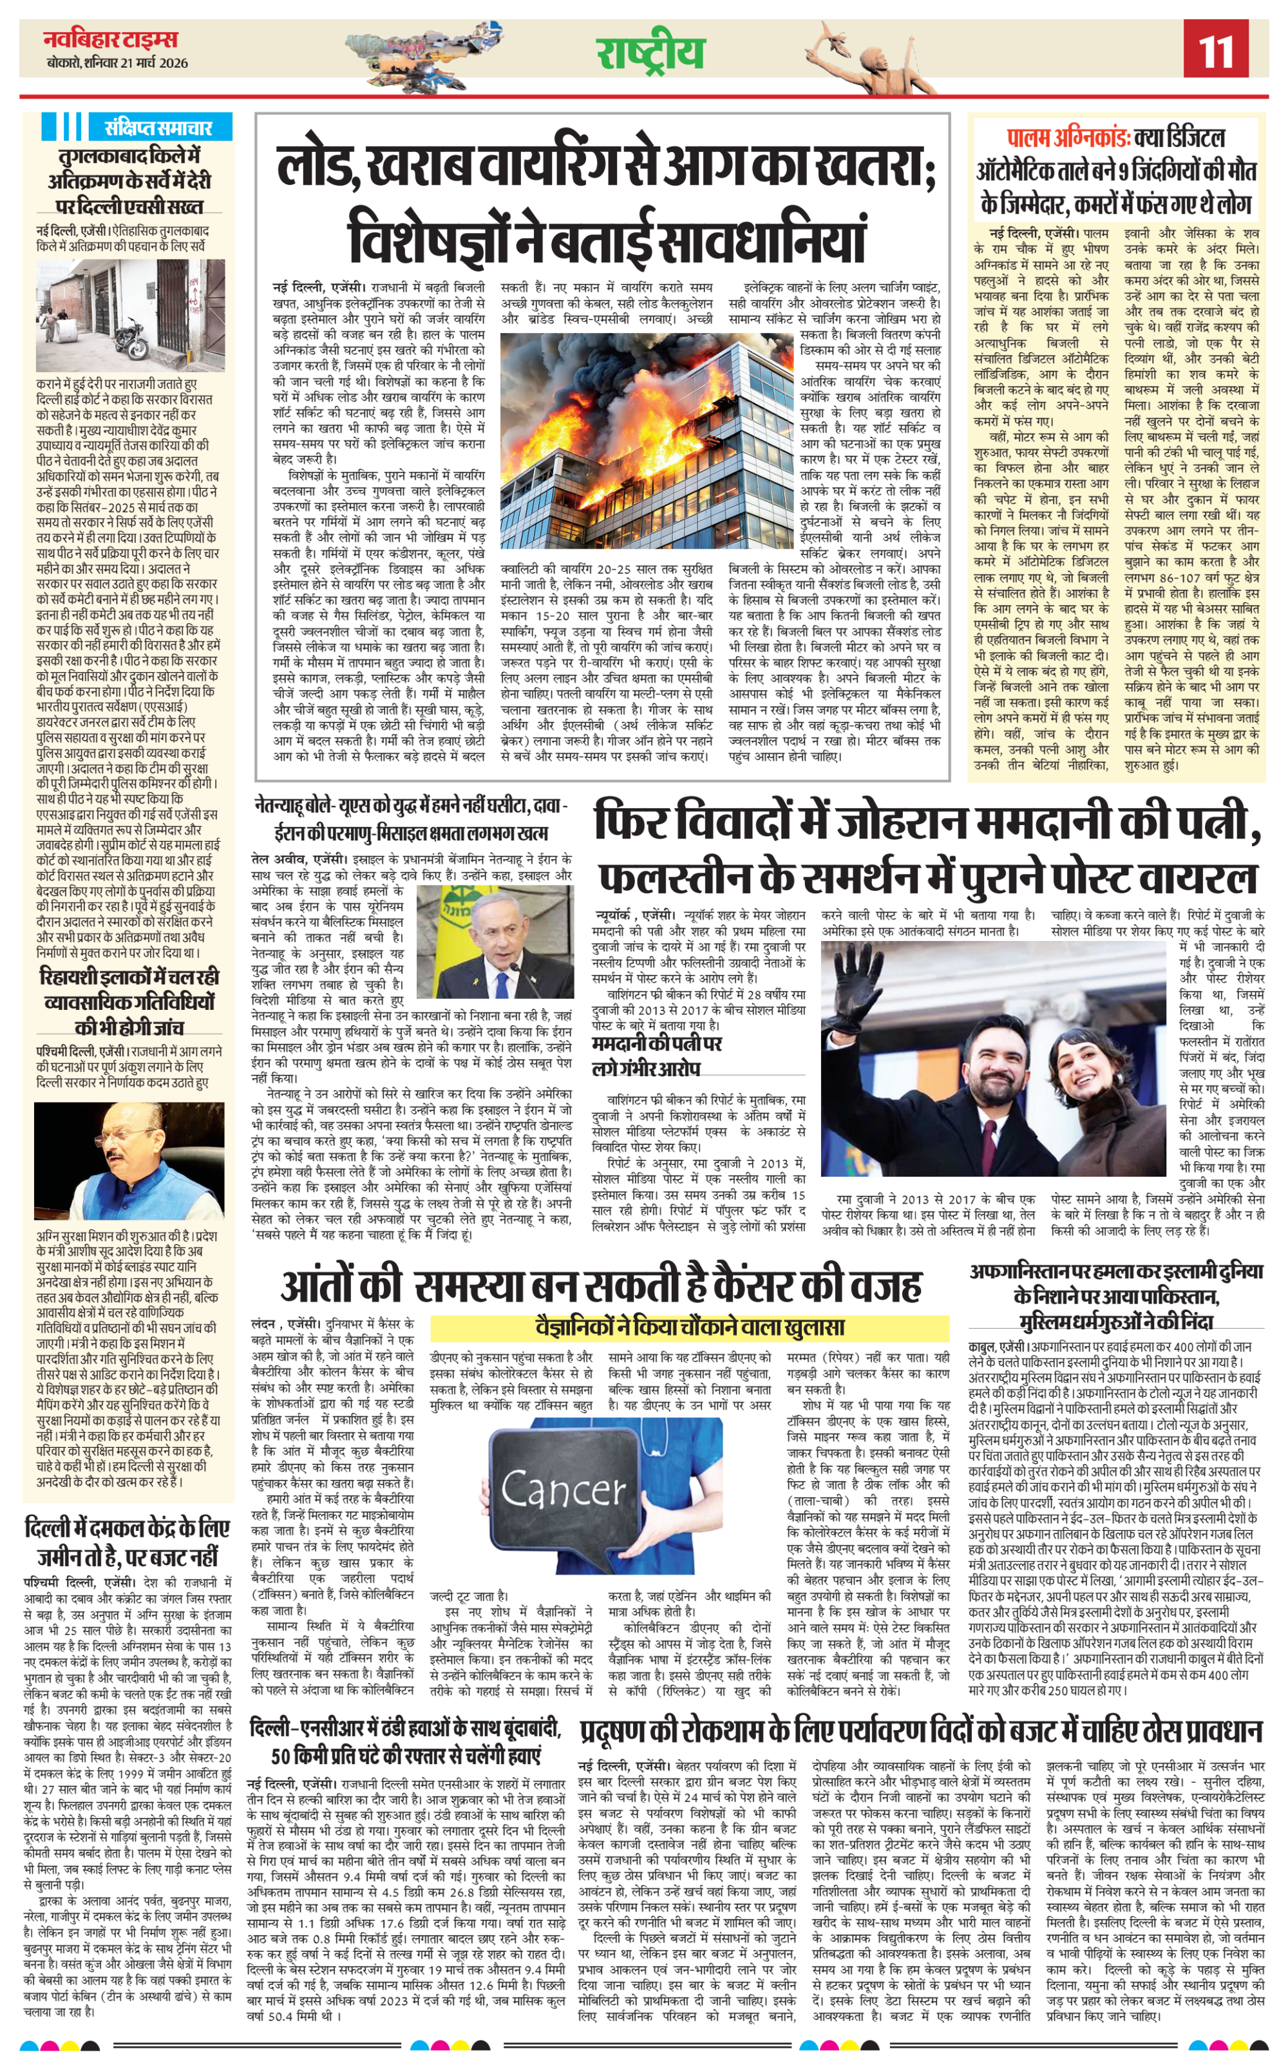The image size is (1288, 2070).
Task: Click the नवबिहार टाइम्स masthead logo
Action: coord(111,39)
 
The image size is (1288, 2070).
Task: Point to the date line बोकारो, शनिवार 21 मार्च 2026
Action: coord(118,63)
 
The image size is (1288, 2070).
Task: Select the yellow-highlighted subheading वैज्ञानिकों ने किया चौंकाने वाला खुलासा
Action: coord(689,1327)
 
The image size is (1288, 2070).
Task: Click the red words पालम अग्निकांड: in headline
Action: coord(1068,137)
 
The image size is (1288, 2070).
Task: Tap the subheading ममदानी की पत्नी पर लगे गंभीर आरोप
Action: coord(657,1056)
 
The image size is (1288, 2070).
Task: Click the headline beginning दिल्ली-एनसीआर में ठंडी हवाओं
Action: coord(406,1742)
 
